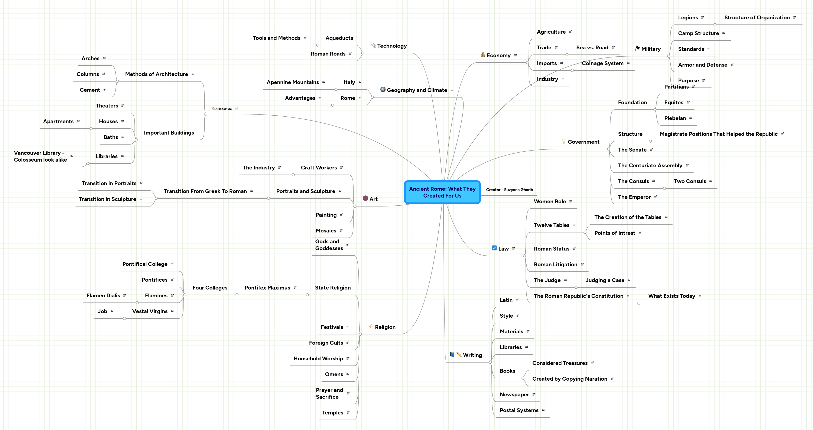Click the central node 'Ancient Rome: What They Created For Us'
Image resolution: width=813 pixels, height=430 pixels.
click(442, 192)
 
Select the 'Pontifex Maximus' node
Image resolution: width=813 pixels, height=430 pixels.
click(267, 288)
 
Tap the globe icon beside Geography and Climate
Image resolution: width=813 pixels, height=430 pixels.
click(383, 90)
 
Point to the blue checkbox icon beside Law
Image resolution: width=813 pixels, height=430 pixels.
click(494, 248)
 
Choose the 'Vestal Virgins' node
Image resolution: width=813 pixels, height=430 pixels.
click(150, 311)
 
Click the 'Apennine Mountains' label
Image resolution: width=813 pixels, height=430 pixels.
click(293, 82)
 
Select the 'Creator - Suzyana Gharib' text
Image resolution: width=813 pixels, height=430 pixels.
click(509, 190)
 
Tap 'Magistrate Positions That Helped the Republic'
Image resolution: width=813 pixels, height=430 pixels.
click(718, 134)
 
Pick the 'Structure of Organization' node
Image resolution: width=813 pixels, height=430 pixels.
click(757, 18)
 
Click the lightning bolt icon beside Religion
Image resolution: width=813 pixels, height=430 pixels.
click(371, 327)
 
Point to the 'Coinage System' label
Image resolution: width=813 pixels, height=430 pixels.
click(602, 63)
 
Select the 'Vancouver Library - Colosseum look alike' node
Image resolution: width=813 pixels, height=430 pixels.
click(40, 156)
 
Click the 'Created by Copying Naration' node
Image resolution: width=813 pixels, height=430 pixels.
click(569, 379)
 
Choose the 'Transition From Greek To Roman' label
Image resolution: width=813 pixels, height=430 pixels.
click(205, 191)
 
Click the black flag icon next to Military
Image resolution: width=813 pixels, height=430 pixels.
click(637, 48)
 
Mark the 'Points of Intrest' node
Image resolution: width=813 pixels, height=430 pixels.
click(614, 233)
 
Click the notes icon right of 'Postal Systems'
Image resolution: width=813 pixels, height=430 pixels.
click(543, 410)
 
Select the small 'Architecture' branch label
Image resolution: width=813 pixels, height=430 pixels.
click(224, 109)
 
